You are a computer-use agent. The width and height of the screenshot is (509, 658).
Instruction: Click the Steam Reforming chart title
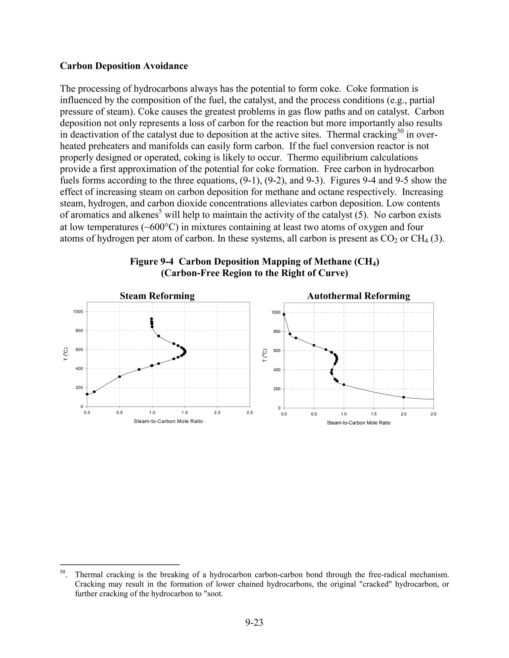[x=157, y=296]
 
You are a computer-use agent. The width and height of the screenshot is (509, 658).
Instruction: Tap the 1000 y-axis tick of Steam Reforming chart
[x=78, y=312]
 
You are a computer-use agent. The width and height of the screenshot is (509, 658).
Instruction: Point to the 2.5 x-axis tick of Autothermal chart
[x=433, y=414]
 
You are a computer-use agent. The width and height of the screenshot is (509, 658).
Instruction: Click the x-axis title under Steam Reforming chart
[x=168, y=421]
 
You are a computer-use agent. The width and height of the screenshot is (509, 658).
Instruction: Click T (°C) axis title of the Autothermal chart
[x=265, y=355]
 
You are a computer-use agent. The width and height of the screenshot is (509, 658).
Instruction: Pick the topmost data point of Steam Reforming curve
[x=151, y=319]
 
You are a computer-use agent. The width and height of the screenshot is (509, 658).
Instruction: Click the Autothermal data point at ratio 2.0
[x=403, y=397]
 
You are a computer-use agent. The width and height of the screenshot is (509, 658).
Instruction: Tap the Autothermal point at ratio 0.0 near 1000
[x=284, y=314]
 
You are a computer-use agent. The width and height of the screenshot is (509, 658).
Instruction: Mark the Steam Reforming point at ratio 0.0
[x=87, y=394]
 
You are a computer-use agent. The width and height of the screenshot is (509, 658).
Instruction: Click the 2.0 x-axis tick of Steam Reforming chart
[x=217, y=413]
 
